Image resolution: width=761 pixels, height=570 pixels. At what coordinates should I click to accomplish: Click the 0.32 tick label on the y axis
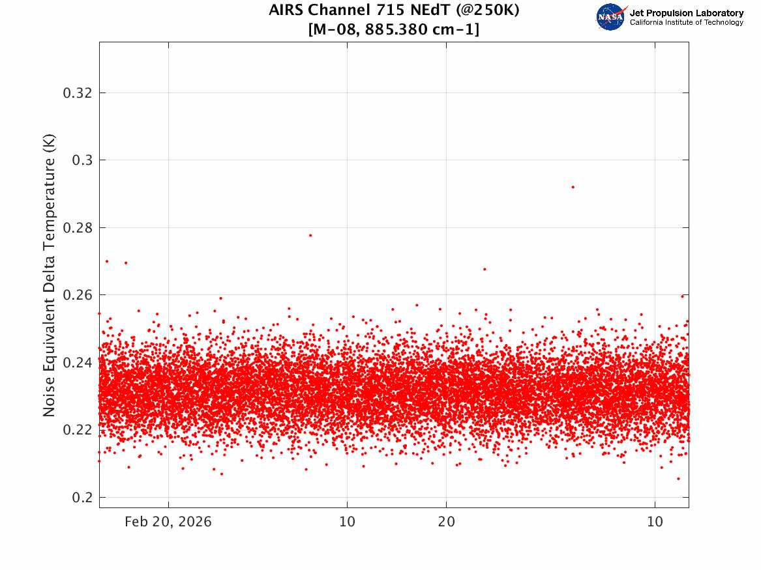click(x=77, y=93)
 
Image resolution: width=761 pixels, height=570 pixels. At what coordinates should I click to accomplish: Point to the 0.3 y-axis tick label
click(x=82, y=160)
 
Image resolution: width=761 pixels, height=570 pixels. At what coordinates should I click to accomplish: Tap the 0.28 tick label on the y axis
click(x=77, y=227)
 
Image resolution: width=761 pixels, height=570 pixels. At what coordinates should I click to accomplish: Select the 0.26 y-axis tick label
click(x=77, y=294)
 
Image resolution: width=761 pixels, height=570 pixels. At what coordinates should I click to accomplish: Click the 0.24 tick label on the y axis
click(x=77, y=362)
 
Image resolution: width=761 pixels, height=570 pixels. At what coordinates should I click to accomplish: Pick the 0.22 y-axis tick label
click(x=77, y=430)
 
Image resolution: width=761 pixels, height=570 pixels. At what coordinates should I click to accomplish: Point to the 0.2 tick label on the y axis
click(x=82, y=497)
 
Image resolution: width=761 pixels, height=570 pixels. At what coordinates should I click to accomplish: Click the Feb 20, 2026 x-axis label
click(x=168, y=522)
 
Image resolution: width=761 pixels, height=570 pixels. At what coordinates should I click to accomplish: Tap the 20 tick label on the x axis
click(x=447, y=522)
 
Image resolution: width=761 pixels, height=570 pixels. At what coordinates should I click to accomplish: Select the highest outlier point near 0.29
click(x=573, y=187)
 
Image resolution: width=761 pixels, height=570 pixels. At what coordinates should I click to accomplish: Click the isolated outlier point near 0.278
click(x=310, y=236)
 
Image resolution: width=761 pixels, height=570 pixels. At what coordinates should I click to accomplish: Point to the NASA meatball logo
click(x=610, y=17)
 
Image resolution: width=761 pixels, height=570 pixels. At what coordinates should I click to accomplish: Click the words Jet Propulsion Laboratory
click(x=686, y=13)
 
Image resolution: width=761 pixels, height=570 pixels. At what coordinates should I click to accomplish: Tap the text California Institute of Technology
click(x=686, y=22)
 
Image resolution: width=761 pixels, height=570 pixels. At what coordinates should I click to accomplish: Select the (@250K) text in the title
click(x=487, y=10)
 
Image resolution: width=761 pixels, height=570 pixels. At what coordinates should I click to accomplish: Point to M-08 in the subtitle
click(x=334, y=29)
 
